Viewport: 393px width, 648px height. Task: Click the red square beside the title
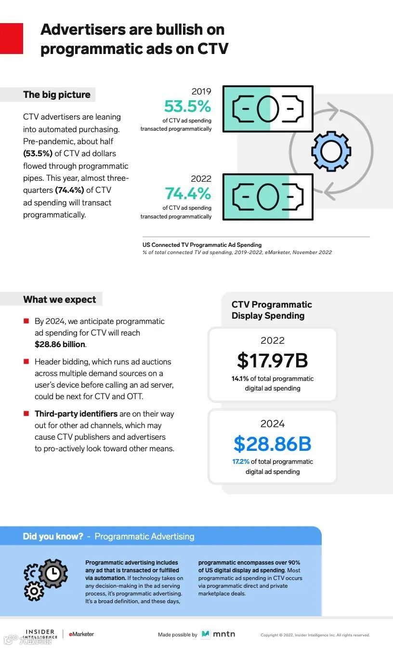11,38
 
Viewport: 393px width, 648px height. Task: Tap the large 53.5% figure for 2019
187,106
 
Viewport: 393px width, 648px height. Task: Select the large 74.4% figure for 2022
188,193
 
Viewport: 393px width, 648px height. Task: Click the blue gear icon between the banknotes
331,151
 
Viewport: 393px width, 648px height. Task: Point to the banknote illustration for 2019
268,109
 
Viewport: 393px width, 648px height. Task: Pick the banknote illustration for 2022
268,197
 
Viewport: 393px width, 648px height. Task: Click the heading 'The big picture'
57,94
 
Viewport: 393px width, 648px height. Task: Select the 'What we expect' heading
60,299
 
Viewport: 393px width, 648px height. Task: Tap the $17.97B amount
272,361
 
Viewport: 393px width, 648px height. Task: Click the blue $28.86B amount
272,444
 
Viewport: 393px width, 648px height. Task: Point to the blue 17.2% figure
241,461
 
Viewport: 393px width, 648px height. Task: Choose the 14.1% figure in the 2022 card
240,378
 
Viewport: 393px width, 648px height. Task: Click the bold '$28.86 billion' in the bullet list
60,344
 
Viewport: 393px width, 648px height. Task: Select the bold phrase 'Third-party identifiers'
76,414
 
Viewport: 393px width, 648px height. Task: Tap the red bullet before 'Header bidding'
26,361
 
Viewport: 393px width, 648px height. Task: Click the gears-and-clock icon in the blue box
46,579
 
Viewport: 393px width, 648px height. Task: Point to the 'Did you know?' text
53,536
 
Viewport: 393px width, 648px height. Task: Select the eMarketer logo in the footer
81,634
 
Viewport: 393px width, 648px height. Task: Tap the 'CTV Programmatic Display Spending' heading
272,310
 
